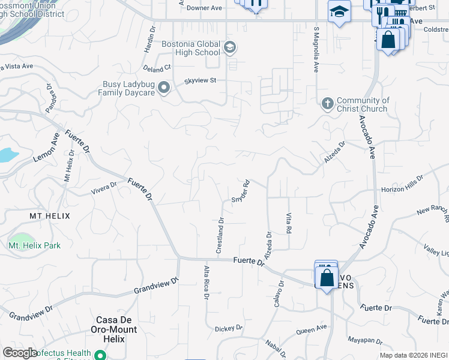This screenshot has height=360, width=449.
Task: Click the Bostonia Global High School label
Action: tap(191, 48)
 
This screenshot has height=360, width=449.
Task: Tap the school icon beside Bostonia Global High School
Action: tap(229, 47)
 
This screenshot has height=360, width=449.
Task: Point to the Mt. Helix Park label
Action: tap(34, 245)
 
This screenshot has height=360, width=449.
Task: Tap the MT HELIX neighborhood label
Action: tap(50, 216)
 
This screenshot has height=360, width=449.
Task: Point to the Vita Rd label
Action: tap(289, 223)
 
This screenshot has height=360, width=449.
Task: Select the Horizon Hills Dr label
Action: tap(402, 185)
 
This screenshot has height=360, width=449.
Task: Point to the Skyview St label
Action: tap(200, 80)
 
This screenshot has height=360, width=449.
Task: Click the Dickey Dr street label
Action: tap(229, 328)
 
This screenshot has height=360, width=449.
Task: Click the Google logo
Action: tap(20, 352)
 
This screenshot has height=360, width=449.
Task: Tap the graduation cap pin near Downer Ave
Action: tap(339, 12)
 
